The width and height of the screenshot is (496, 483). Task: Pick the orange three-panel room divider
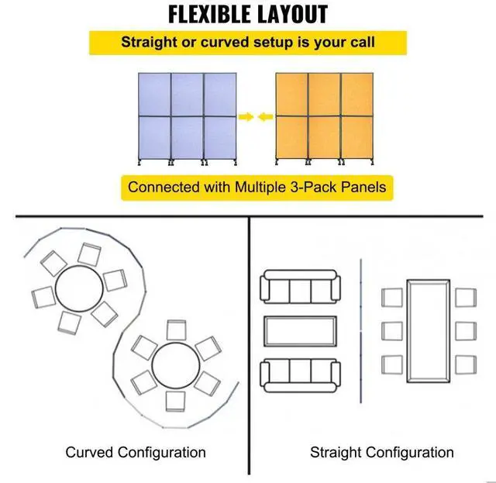point(323,117)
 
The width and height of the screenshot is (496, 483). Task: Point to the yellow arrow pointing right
point(246,117)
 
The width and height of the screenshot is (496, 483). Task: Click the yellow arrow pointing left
point(265,117)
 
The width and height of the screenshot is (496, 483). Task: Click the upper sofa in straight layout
point(299,290)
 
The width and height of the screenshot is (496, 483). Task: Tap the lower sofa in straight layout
point(299,374)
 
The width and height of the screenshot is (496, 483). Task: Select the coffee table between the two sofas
point(299,332)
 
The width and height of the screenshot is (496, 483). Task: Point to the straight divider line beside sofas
point(362,332)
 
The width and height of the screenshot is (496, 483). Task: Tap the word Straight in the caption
point(337,452)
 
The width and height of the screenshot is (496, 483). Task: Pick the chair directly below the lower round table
point(177,400)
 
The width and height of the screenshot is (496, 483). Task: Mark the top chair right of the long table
point(465,297)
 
